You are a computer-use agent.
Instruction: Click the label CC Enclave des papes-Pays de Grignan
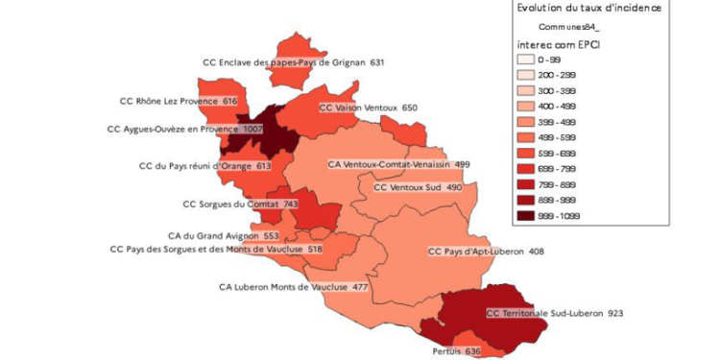[x=293, y=62]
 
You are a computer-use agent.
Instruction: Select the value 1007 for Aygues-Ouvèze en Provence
[x=252, y=129]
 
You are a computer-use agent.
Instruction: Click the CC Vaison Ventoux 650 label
[x=368, y=108]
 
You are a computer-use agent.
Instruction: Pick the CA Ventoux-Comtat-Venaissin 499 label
[x=398, y=165]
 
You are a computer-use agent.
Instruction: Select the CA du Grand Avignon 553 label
[x=223, y=235]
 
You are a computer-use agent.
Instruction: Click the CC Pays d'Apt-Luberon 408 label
[x=485, y=252]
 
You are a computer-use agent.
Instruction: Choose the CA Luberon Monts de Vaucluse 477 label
[x=294, y=286]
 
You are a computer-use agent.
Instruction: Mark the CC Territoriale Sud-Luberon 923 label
[x=555, y=313]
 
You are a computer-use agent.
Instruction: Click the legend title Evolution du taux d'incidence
[x=585, y=7]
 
